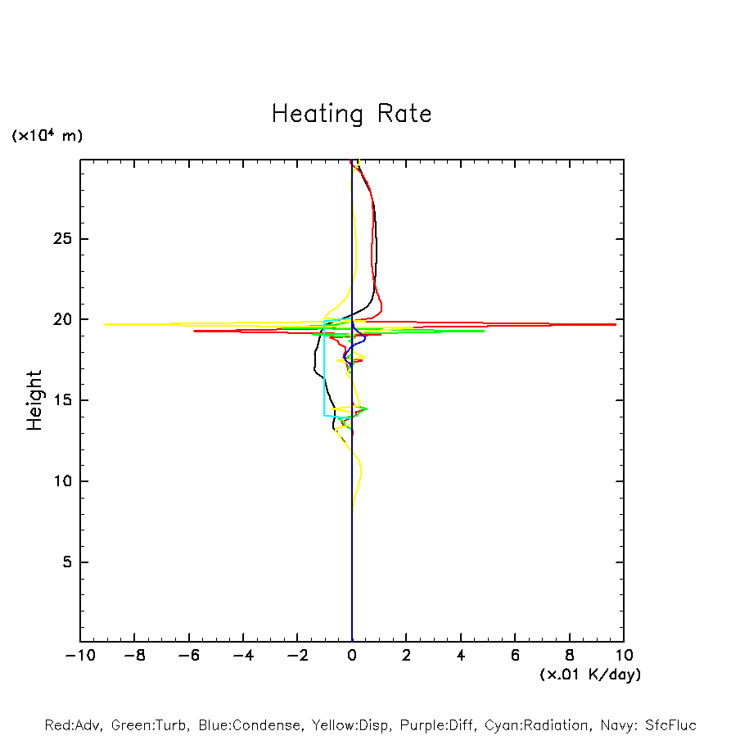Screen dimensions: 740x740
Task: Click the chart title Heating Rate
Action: point(351,114)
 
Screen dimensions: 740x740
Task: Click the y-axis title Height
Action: point(34,400)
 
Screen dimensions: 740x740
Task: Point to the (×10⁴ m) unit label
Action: point(47,136)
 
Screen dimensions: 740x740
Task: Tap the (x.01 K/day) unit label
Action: point(589,675)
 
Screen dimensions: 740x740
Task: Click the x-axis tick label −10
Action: point(79,655)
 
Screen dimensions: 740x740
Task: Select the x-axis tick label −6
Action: point(188,655)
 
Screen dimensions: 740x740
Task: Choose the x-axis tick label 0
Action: point(352,655)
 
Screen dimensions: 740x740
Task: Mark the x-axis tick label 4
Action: point(461,655)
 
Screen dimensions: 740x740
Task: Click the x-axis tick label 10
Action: point(624,655)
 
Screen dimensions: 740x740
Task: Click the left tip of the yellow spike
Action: point(106,324)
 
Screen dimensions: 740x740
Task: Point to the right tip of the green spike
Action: point(484,331)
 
